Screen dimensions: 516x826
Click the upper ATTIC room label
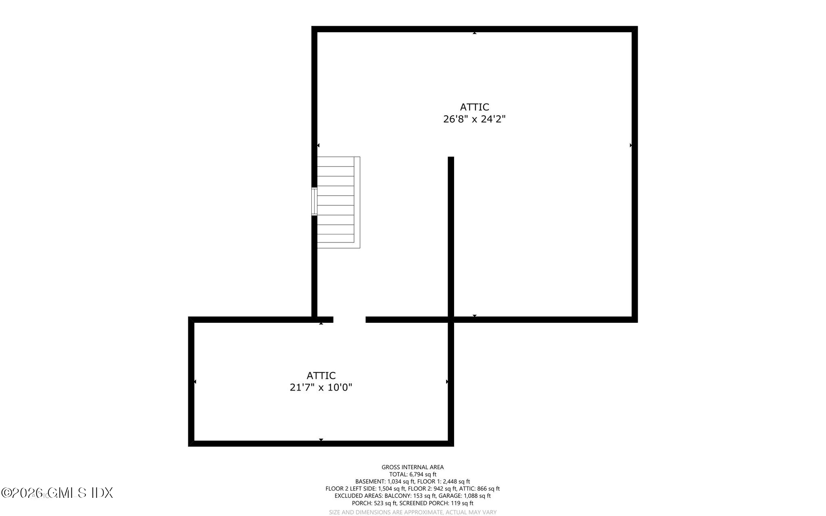coord(474,107)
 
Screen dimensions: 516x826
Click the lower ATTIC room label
coord(321,376)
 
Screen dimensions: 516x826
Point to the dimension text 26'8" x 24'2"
coord(474,119)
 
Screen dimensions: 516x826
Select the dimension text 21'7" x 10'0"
coord(321,388)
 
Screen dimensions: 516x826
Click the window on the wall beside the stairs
coord(314,201)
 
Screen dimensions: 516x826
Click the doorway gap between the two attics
coord(349,320)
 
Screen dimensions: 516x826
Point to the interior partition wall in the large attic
coord(451,238)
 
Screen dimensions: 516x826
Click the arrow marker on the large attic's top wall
coord(475,33)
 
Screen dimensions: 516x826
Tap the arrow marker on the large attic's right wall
coord(631,145)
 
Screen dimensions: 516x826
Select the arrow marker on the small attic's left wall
coord(195,381)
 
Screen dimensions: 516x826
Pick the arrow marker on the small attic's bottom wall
coord(321,440)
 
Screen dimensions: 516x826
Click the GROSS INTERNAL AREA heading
coord(413,467)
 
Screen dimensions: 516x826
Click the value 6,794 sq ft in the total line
coord(423,474)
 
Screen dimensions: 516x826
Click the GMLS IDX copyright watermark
coord(57,493)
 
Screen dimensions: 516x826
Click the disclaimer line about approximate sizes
coord(413,512)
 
